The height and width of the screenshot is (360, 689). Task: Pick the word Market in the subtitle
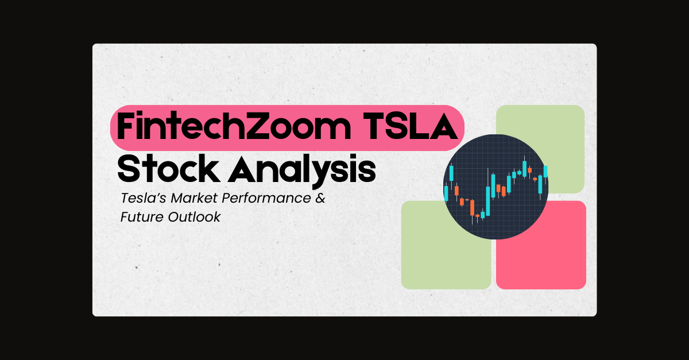[195, 199]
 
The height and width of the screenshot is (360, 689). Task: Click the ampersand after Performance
[320, 199]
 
